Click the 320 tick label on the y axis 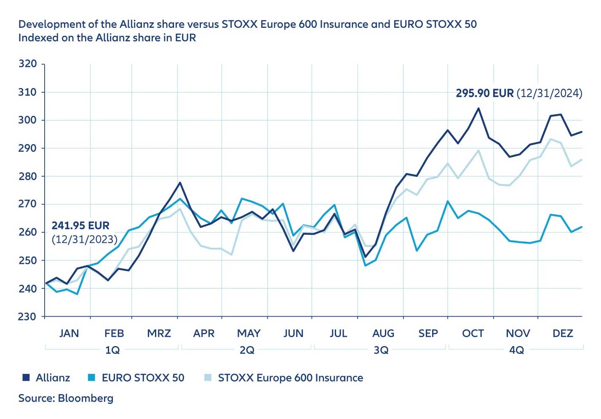[28, 64]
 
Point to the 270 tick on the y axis [28, 204]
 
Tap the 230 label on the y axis [28, 317]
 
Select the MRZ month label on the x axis [159, 333]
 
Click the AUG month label [383, 333]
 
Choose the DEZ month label [563, 333]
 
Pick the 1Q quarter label [112, 350]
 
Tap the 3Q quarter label [381, 350]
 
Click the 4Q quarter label [516, 350]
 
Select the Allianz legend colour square [26, 378]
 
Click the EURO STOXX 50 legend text [143, 378]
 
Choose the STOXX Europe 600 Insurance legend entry [290, 378]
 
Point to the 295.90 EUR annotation [485, 93]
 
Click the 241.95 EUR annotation [80, 226]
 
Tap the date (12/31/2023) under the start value [84, 239]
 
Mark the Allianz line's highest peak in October [478, 108]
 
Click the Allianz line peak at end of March [180, 183]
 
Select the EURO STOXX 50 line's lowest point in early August [365, 265]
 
